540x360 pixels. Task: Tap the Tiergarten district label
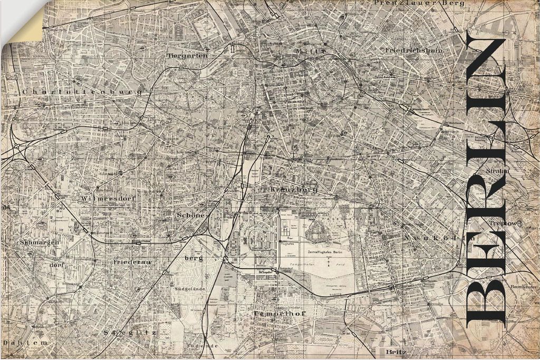click(x=187, y=55)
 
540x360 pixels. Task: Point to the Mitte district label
click(x=310, y=51)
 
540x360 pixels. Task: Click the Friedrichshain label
click(x=414, y=50)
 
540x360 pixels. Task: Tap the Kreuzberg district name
click(x=293, y=189)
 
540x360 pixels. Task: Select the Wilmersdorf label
click(x=105, y=199)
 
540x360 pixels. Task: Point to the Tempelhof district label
click(x=272, y=313)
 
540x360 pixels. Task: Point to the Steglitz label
click(x=130, y=333)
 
